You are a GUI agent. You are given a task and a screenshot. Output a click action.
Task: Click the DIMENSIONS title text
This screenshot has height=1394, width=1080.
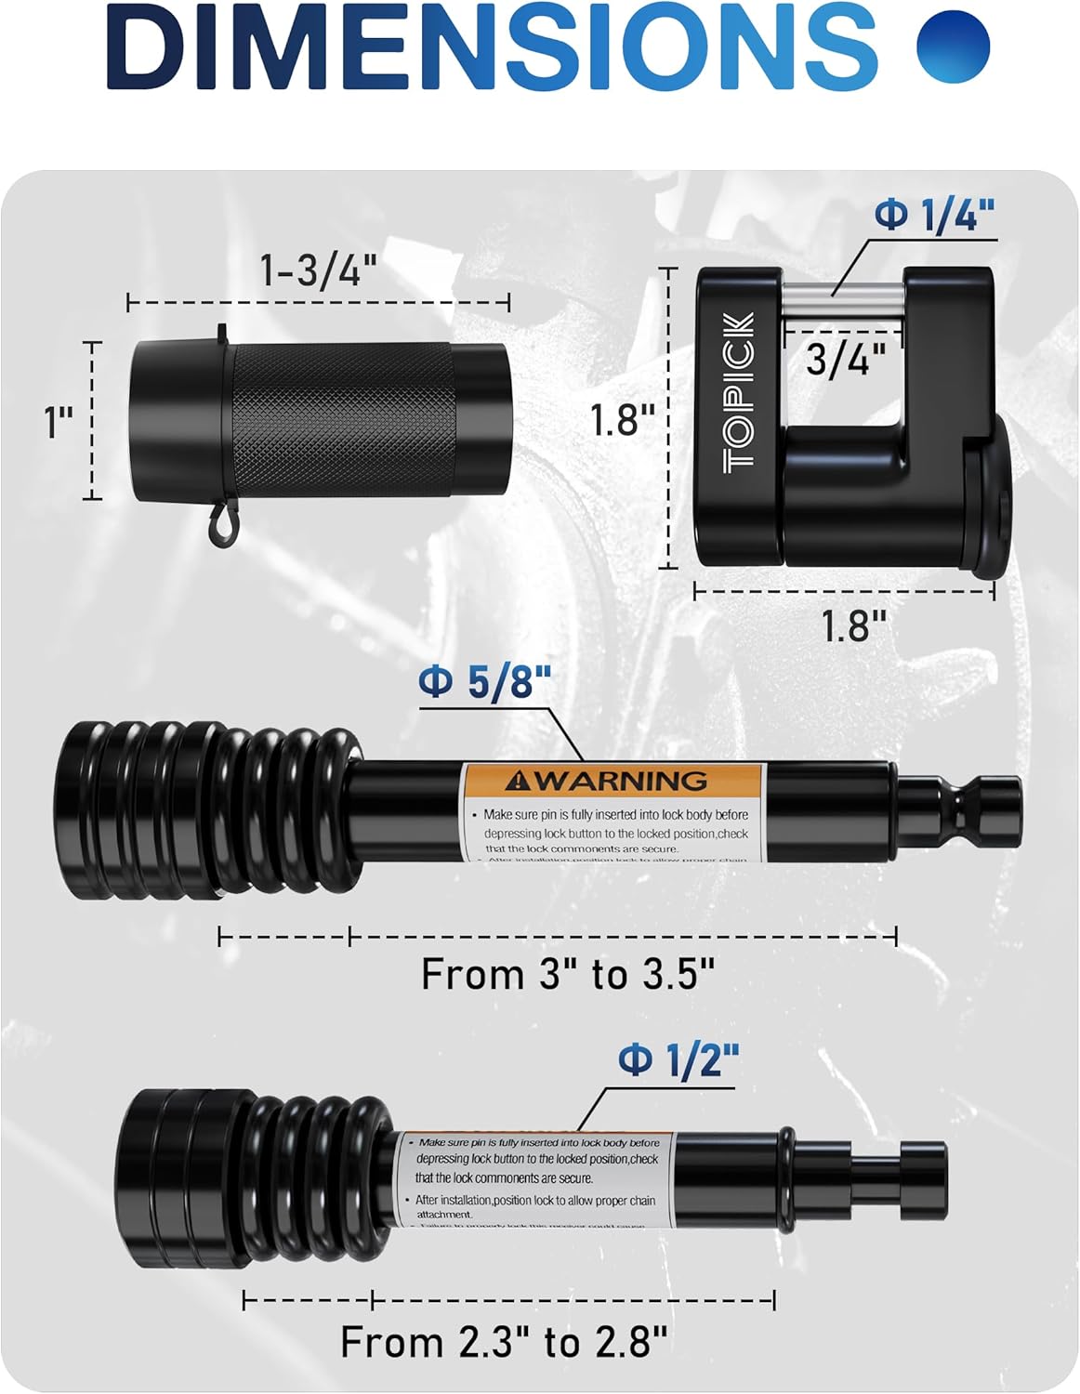pyautogui.click(x=493, y=46)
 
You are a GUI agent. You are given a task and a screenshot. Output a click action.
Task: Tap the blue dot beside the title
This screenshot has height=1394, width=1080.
pyautogui.click(x=952, y=46)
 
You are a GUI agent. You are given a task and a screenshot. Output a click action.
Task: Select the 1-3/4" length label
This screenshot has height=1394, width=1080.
pyautogui.click(x=319, y=271)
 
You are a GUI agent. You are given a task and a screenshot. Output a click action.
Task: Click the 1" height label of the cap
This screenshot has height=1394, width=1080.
pyautogui.click(x=59, y=423)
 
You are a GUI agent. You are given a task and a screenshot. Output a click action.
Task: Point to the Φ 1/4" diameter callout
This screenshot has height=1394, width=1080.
pyautogui.click(x=934, y=216)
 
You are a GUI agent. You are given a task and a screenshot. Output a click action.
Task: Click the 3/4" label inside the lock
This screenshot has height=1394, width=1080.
pyautogui.click(x=840, y=360)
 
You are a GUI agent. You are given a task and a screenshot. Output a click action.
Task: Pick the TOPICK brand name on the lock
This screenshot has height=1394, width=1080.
pyautogui.click(x=741, y=391)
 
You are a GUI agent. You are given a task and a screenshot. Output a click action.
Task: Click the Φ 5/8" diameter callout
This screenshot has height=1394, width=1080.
pyautogui.click(x=485, y=684)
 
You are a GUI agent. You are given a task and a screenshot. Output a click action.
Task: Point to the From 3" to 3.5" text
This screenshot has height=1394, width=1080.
pyautogui.click(x=568, y=975)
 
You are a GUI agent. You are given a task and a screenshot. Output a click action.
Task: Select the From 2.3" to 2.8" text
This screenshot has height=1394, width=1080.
pyautogui.click(x=504, y=1342)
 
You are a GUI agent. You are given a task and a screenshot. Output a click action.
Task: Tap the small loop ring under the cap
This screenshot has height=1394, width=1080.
pyautogui.click(x=220, y=527)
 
